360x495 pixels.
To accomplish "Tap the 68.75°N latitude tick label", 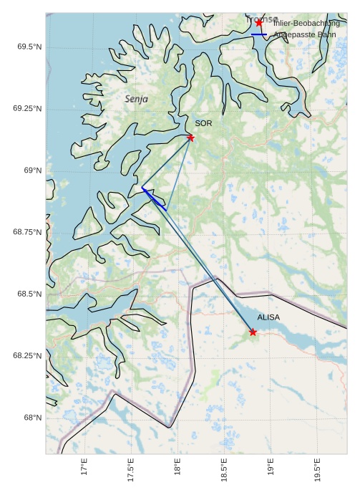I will (27, 232).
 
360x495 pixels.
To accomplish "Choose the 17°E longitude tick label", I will (84, 468).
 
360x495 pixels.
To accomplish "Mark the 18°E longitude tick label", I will (177, 468).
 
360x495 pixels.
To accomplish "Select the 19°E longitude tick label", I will (271, 468).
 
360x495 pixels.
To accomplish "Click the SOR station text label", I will (203, 123).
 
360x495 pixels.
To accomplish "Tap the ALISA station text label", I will (268, 317).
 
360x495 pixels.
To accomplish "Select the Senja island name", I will (136, 99).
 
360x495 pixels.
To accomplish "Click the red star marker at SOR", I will (190, 138).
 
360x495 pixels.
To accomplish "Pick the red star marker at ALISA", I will (253, 332).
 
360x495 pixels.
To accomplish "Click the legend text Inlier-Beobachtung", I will (306, 23).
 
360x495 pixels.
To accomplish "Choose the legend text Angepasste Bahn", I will (306, 34).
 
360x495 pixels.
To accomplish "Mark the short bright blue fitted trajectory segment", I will (154, 198).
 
